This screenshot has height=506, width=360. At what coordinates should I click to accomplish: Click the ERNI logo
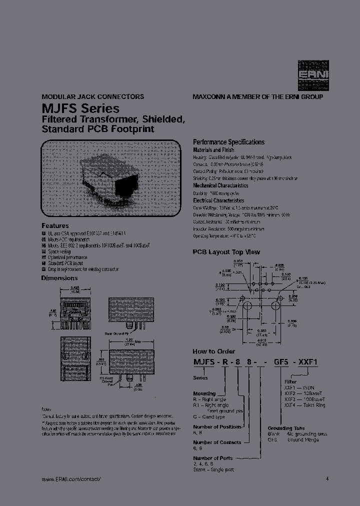pos(313,74)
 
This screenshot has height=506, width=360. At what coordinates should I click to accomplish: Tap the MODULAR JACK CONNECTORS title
pos(92,96)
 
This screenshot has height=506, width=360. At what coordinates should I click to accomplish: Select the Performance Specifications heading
pos(228,142)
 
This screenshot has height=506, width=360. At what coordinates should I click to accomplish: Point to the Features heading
pos(55,225)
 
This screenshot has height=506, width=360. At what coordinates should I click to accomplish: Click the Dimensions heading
pos(59,278)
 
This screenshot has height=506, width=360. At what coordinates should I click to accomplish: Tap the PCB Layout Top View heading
pos(226,252)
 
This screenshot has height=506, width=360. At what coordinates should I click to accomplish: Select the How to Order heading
pos(214,351)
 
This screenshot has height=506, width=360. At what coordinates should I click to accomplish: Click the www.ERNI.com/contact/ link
pos(71,479)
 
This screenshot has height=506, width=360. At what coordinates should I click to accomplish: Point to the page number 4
pos(327,478)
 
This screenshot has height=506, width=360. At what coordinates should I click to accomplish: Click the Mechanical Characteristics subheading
pos(220,185)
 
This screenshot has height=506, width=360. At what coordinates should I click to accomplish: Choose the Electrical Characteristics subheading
pos(218,200)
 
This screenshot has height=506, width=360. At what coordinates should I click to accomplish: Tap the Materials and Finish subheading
pos(213,150)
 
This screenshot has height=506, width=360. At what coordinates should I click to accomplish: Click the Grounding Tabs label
pos(287,428)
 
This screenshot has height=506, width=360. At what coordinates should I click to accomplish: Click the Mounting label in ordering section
pos(204,394)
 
